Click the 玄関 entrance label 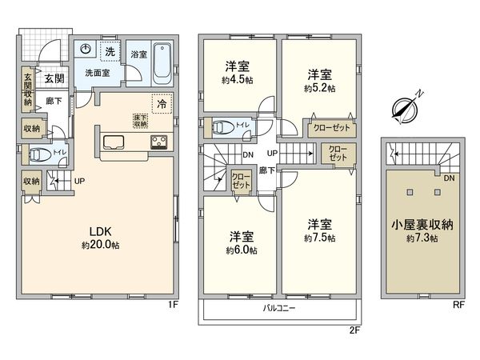pos(54,78)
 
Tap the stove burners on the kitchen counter pos(158,143)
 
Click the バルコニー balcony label pos(279,308)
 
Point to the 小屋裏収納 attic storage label pos(422,226)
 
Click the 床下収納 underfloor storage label pos(141,121)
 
